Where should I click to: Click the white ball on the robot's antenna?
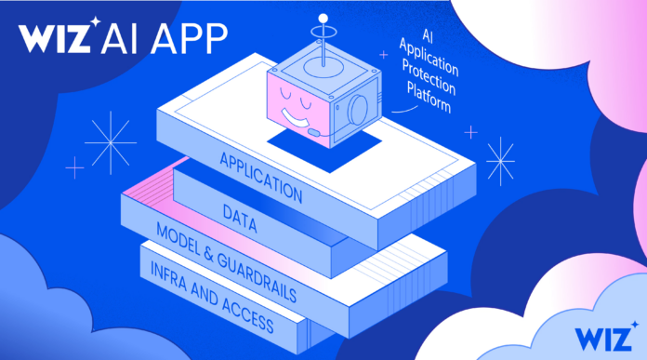click(x=323, y=18)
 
